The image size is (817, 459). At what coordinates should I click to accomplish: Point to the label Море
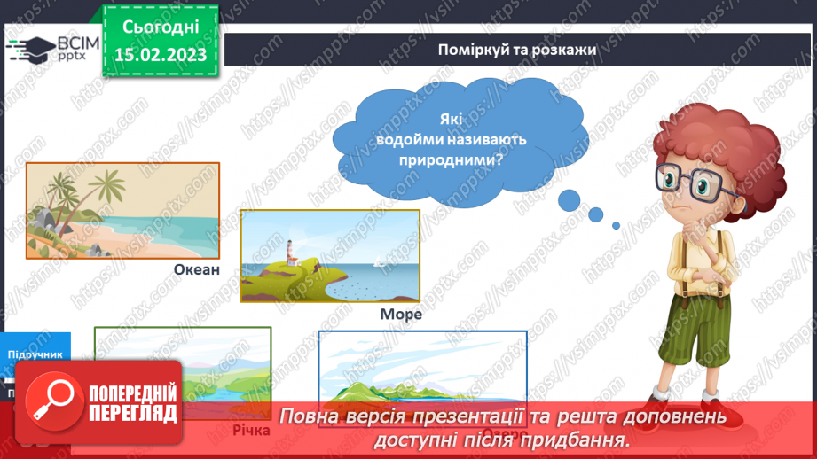400,314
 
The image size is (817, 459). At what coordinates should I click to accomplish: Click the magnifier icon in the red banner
51,400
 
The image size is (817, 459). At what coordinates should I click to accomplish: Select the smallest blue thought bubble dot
617,225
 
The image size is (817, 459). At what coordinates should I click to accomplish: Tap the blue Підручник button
35,354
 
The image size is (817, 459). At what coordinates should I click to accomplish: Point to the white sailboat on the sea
379,260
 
